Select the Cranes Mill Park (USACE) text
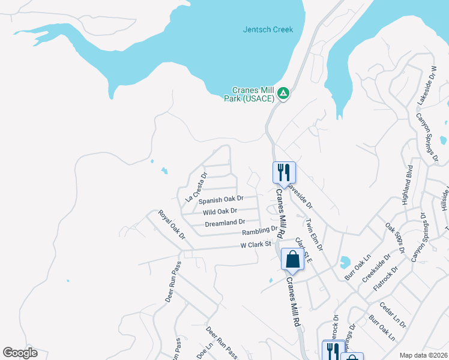click(248, 94)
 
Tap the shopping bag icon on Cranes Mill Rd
click(292, 259)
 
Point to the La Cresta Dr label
click(196, 187)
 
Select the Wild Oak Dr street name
click(220, 211)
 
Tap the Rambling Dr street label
click(260, 230)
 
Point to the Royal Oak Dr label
click(172, 224)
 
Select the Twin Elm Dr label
click(313, 235)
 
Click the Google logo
click(20, 353)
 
